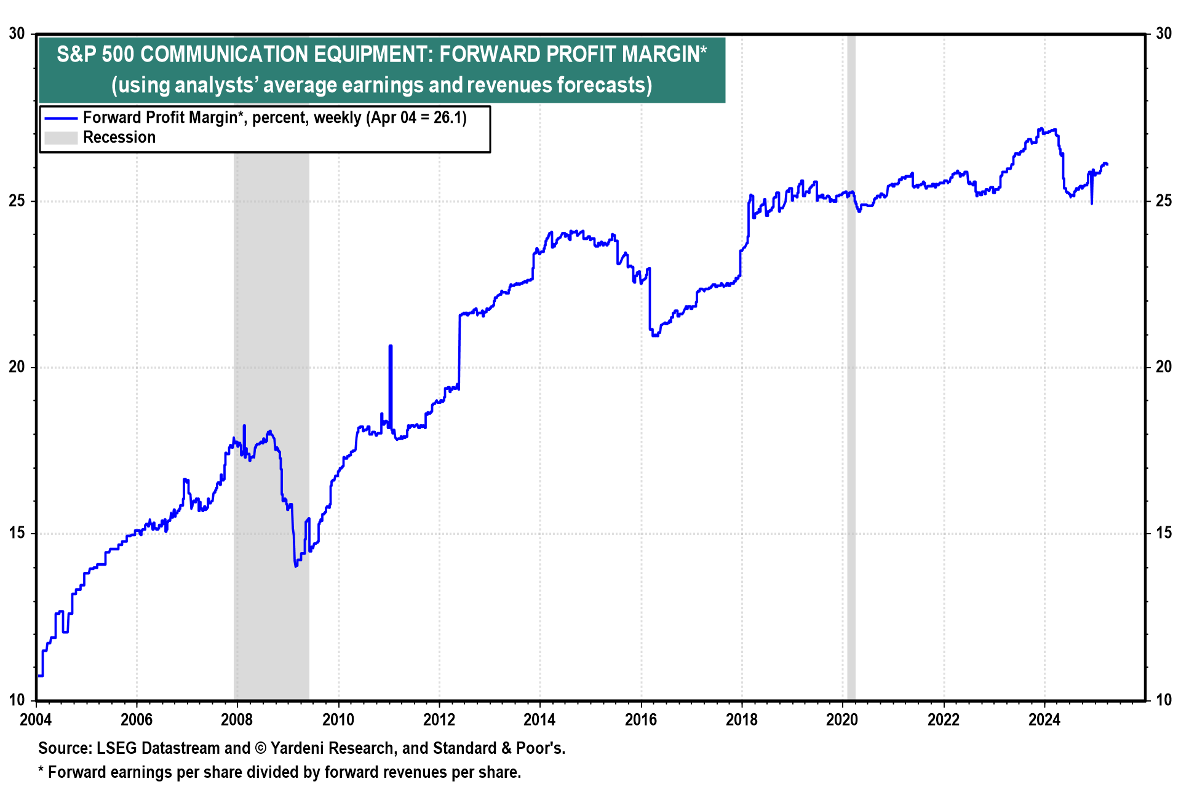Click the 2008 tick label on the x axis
point(237,719)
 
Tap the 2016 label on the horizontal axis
point(641,719)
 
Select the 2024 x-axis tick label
point(1044,719)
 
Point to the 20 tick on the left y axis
point(17,367)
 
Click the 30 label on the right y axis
point(1164,34)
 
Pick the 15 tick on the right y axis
point(1164,533)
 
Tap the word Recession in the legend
point(119,138)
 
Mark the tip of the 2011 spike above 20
point(390,346)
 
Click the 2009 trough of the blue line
point(296,566)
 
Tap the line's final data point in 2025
point(1107,164)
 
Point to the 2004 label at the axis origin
point(36,719)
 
